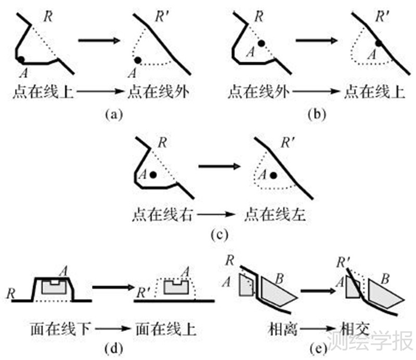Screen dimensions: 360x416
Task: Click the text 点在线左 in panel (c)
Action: (272, 213)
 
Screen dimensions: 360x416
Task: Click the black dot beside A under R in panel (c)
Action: (153, 176)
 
